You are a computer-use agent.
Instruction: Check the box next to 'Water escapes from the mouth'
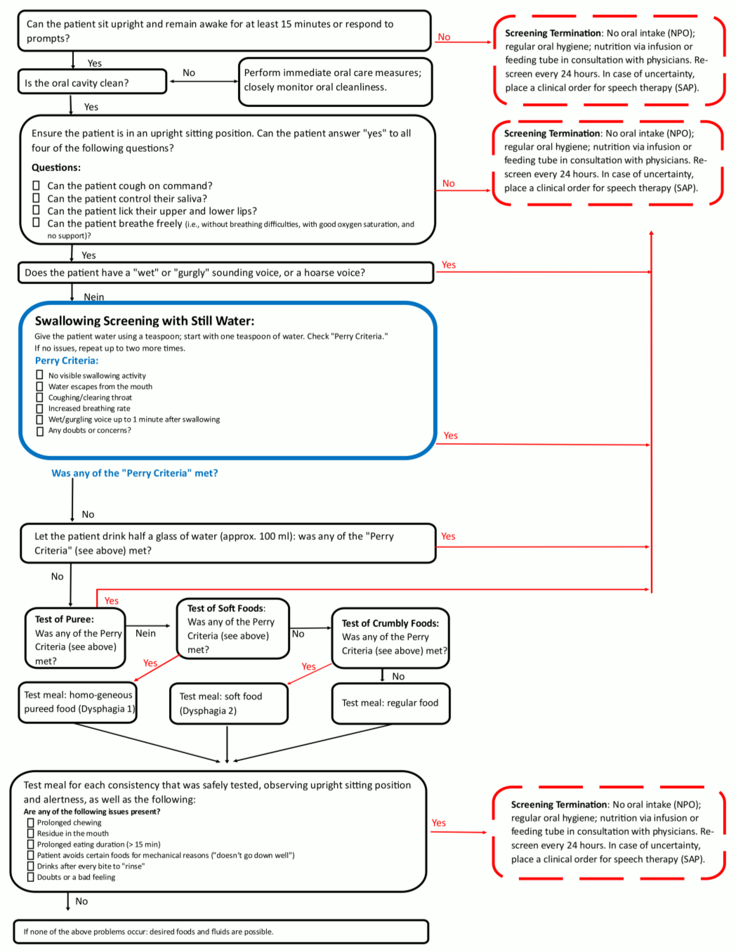click(40, 386)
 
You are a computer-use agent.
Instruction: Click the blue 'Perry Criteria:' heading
click(67, 361)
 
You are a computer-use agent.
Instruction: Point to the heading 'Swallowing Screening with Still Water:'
click(145, 321)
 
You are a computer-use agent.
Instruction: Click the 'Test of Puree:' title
click(64, 619)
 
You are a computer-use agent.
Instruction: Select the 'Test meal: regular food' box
click(391, 703)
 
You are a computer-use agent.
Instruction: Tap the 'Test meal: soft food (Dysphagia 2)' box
click(229, 703)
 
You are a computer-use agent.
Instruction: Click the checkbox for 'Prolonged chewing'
click(30, 823)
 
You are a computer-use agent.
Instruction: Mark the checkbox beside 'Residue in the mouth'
click(30, 833)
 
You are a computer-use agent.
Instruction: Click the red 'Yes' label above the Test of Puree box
click(112, 601)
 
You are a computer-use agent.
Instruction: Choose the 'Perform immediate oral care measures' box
click(335, 82)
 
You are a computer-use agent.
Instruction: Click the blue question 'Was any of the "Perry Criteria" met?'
click(135, 473)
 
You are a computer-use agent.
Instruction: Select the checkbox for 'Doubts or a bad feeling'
click(30, 877)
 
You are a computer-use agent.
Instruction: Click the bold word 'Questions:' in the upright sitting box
click(56, 168)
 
